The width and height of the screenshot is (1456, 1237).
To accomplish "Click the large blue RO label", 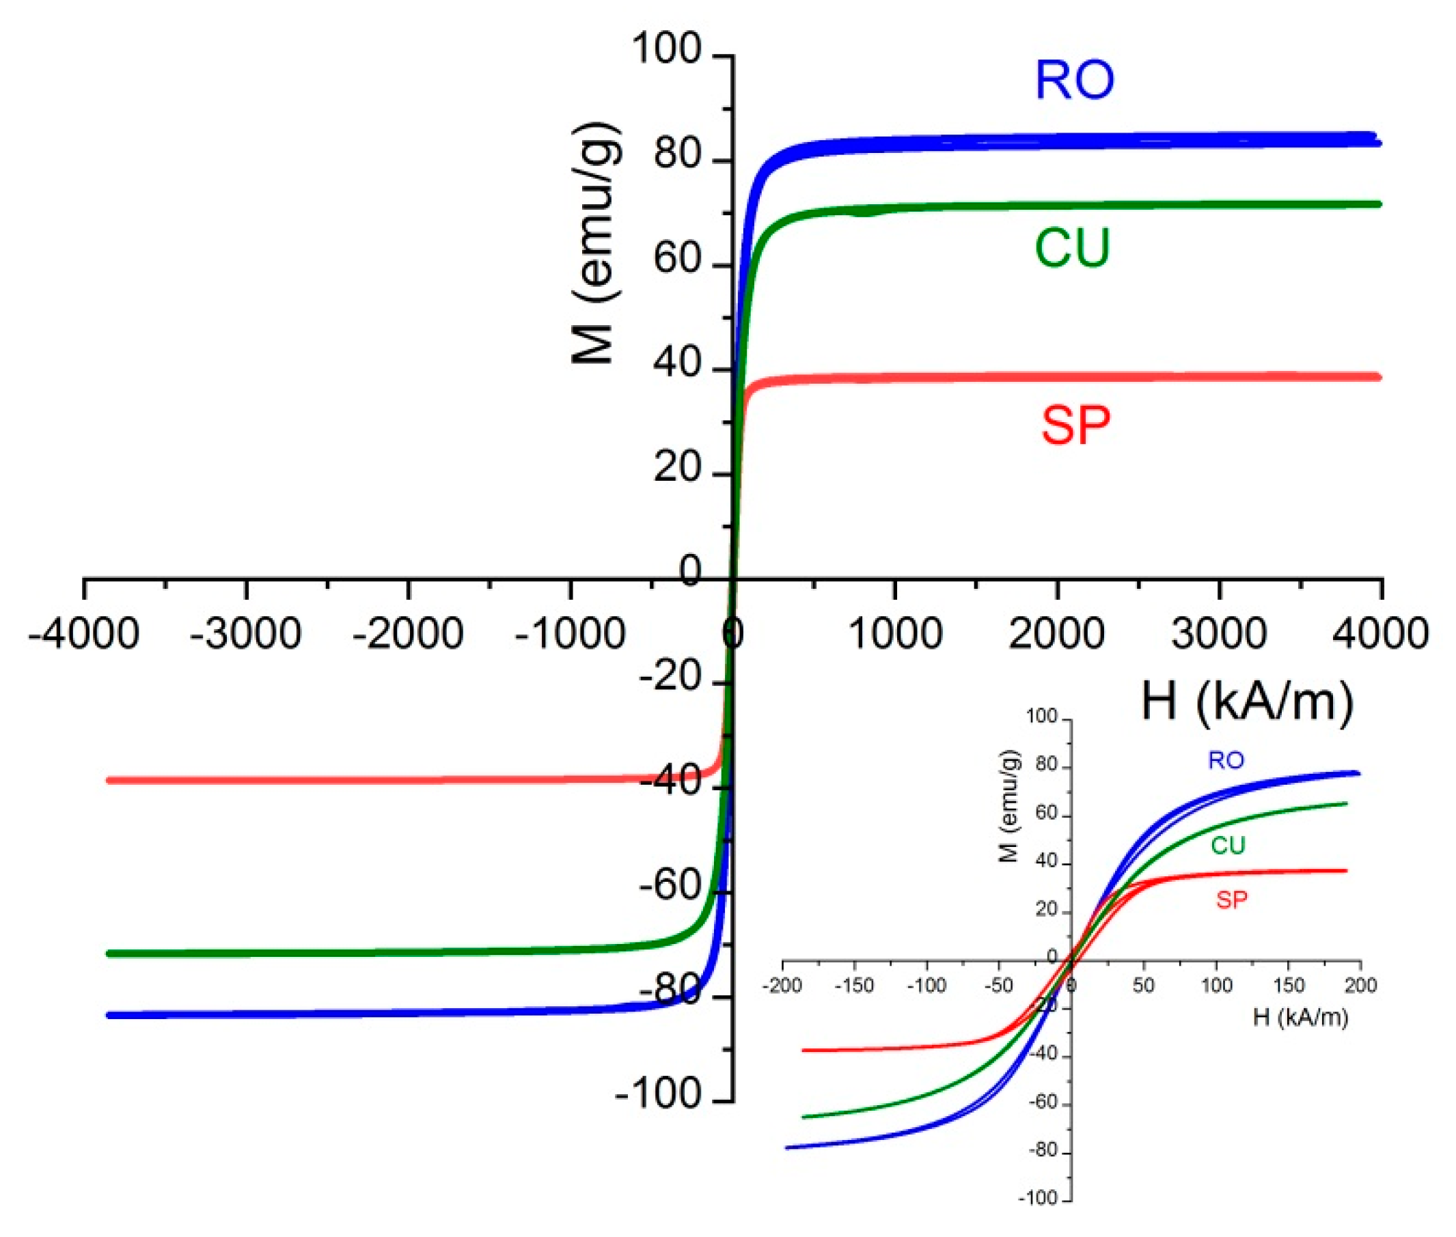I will pyautogui.click(x=1074, y=81).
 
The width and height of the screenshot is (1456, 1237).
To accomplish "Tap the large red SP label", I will pyautogui.click(x=1075, y=425).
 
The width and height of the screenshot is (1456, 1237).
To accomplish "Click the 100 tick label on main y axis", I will pyautogui.click(x=666, y=51).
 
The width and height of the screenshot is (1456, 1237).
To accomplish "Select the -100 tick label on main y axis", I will pyautogui.click(x=658, y=1094).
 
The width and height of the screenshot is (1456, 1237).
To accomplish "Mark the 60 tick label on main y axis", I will pyautogui.click(x=677, y=260).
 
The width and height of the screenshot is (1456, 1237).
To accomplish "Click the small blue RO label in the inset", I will pyautogui.click(x=1226, y=760).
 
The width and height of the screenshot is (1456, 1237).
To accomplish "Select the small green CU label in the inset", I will pyautogui.click(x=1228, y=846).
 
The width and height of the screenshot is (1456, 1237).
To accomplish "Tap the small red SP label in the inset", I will pyautogui.click(x=1233, y=900).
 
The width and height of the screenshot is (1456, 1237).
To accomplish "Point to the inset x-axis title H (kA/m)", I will pyautogui.click(x=1300, y=1017).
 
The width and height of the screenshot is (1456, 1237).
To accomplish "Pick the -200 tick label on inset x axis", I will pyautogui.click(x=782, y=986).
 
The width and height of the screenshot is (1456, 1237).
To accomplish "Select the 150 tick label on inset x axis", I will pyautogui.click(x=1289, y=986).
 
